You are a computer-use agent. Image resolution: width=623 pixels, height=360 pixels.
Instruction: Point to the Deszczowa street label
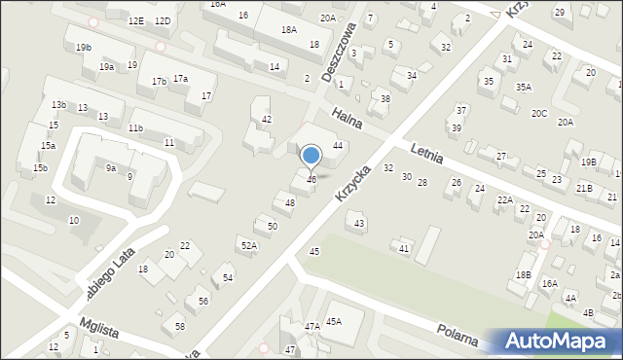(338, 59)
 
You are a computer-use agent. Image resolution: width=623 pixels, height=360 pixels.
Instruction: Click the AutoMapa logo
(558, 342)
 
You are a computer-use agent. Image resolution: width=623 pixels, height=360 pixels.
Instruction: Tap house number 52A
(249, 246)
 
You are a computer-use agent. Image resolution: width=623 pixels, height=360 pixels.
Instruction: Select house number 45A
(334, 321)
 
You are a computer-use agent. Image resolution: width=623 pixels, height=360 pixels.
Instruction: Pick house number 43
(359, 224)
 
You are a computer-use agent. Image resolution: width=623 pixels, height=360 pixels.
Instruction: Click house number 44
(338, 145)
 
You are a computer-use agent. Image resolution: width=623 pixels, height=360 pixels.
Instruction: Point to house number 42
(267, 119)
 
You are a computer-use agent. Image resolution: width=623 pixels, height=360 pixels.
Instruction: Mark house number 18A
(289, 30)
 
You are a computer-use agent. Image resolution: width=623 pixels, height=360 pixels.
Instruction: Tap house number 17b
(159, 82)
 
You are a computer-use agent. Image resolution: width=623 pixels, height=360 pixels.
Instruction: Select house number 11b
(135, 128)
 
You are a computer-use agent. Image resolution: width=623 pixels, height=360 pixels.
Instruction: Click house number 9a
(112, 167)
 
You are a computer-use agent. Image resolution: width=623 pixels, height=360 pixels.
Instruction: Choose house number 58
(179, 325)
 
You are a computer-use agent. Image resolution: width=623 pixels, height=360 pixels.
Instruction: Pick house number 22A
(504, 199)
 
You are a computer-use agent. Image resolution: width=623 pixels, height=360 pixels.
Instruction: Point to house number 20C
(538, 113)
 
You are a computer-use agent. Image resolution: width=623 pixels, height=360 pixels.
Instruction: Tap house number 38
(385, 99)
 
